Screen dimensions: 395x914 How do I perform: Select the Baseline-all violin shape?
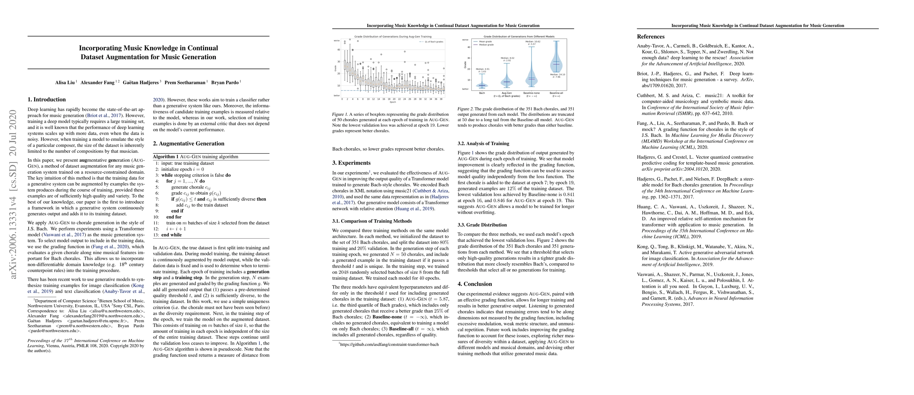[x=556, y=64]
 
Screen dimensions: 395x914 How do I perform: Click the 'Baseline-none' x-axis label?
[x=531, y=93]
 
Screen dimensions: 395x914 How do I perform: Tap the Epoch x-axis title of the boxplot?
[x=393, y=102]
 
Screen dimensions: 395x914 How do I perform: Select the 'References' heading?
[x=650, y=37]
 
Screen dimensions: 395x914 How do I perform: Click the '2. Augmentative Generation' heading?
[x=188, y=144]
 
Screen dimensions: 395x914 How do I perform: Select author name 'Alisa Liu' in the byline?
[x=65, y=82]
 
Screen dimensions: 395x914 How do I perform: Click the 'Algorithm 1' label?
[x=166, y=157]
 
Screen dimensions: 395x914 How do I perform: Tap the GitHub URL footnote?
[x=389, y=344]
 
